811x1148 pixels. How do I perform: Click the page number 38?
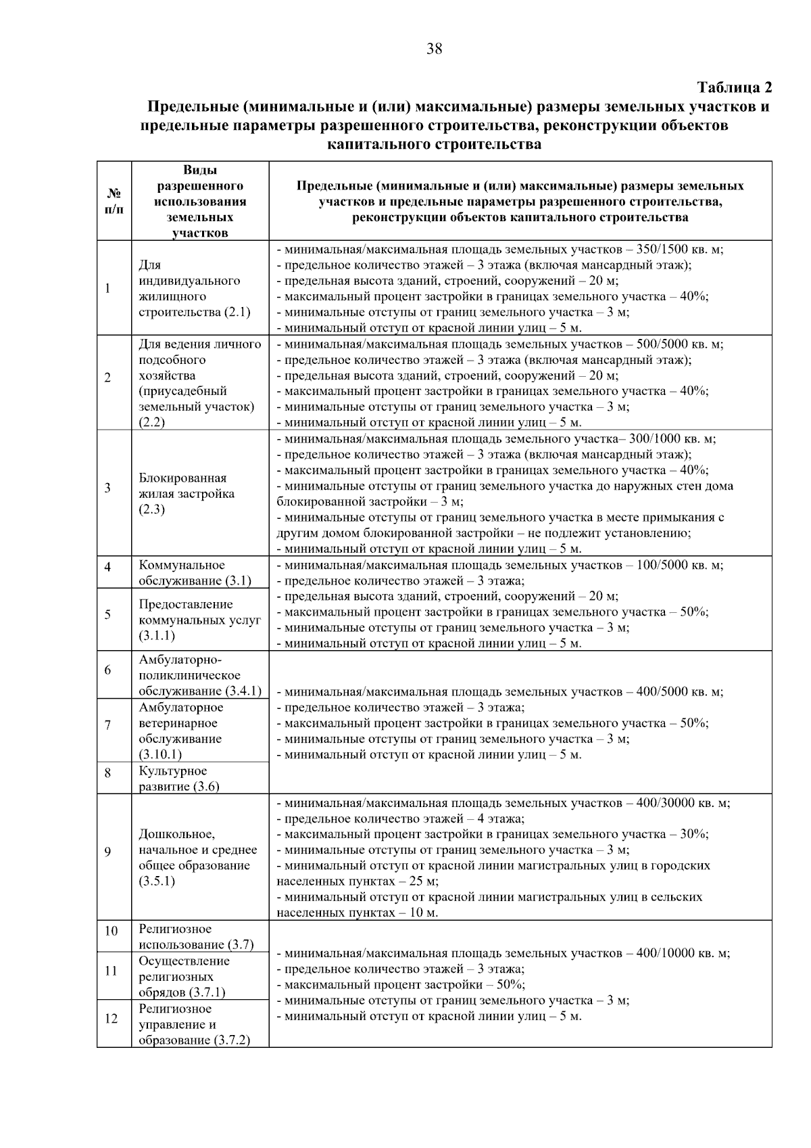434,49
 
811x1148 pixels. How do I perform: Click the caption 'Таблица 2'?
734,87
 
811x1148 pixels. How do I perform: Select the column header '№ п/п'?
114,201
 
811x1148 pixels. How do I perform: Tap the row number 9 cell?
107,851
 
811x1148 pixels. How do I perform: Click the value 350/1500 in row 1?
665,249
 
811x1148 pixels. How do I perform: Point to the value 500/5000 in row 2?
665,344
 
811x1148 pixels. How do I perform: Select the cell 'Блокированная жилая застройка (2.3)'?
187,493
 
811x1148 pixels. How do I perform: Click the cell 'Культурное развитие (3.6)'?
180,779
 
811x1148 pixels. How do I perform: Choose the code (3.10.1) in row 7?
160,754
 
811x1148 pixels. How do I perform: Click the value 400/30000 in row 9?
668,803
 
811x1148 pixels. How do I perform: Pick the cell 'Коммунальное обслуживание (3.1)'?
195,572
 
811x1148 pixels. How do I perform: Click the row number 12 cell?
111,1018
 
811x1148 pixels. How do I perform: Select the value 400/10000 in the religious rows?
668,953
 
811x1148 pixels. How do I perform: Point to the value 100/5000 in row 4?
665,565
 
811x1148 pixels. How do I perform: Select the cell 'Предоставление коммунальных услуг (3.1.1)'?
199,620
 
